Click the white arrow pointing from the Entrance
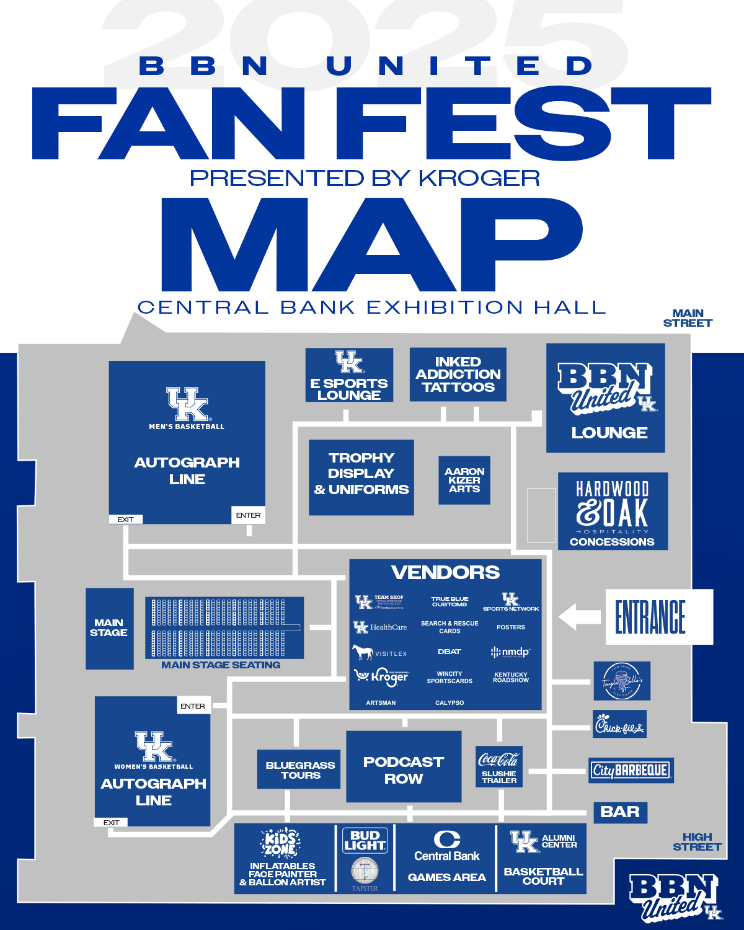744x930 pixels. pyautogui.click(x=579, y=617)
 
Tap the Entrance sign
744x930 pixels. pyautogui.click(x=658, y=617)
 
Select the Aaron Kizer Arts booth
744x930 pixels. pyautogui.click(x=464, y=480)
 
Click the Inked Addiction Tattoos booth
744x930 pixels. pyautogui.click(x=458, y=374)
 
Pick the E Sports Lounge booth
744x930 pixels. pyautogui.click(x=349, y=375)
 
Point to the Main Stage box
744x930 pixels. pyautogui.click(x=109, y=628)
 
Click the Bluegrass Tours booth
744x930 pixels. pyautogui.click(x=299, y=770)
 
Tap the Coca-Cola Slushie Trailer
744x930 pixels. pyautogui.click(x=499, y=767)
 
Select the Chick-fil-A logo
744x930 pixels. pyautogui.click(x=619, y=724)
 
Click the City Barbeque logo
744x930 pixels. pyautogui.click(x=631, y=771)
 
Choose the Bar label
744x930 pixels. pyautogui.click(x=620, y=812)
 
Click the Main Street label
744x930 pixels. pyautogui.click(x=688, y=318)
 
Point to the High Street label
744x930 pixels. pyautogui.click(x=697, y=842)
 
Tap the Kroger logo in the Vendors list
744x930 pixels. pyautogui.click(x=381, y=676)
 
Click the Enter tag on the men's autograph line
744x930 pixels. pyautogui.click(x=249, y=515)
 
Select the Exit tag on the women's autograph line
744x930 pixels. pyautogui.click(x=111, y=823)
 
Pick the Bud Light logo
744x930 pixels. pyautogui.click(x=365, y=841)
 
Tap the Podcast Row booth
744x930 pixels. pyautogui.click(x=404, y=770)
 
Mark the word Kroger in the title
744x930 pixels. pyautogui.click(x=479, y=178)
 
